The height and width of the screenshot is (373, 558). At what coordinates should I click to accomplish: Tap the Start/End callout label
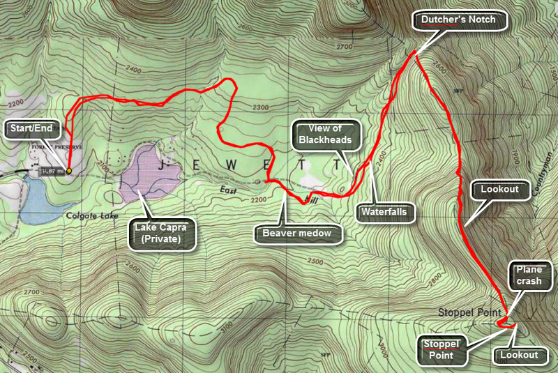[34, 128]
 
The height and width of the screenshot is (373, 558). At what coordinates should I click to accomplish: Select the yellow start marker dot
[69, 169]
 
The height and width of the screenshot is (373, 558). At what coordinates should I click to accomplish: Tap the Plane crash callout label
[528, 275]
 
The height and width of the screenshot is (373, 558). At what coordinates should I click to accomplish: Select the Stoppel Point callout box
[443, 349]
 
